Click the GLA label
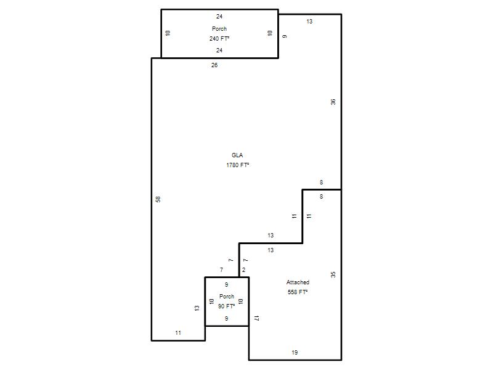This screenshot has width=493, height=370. coord(237,155)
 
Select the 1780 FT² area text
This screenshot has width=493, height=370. coord(237,165)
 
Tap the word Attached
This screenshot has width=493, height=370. coord(298,282)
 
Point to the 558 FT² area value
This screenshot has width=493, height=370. coord(298,292)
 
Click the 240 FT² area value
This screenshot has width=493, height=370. coord(219,38)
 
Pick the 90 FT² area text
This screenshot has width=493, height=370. coord(226,306)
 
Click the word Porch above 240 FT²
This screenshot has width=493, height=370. coord(219,28)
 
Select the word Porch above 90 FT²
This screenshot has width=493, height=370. coord(227,297)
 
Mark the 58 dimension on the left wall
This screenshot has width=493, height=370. coord(158,199)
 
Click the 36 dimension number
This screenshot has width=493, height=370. coord(333,102)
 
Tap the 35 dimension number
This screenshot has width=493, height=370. coord(333,274)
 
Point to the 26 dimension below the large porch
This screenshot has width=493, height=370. coord(214,65)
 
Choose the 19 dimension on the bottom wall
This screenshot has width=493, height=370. coord(295,352)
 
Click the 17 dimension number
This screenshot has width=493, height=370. coord(256,318)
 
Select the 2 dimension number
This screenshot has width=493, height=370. coord(243,270)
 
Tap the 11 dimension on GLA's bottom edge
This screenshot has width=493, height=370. coord(178,333)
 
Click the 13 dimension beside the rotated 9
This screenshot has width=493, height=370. coord(309,22)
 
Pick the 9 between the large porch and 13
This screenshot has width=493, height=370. coord(285,36)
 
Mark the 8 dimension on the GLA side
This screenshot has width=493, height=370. coord(321,182)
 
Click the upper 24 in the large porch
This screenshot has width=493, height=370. coord(219,17)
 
